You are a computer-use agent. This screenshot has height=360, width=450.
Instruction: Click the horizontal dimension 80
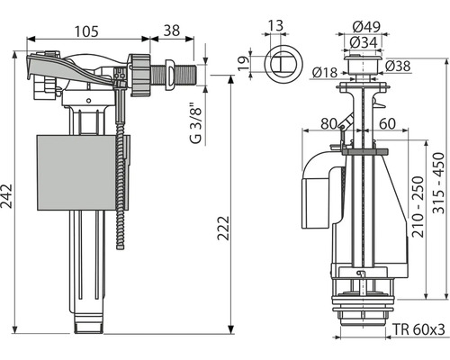click(327, 124)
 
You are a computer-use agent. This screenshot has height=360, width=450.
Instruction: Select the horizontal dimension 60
click(388, 124)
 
